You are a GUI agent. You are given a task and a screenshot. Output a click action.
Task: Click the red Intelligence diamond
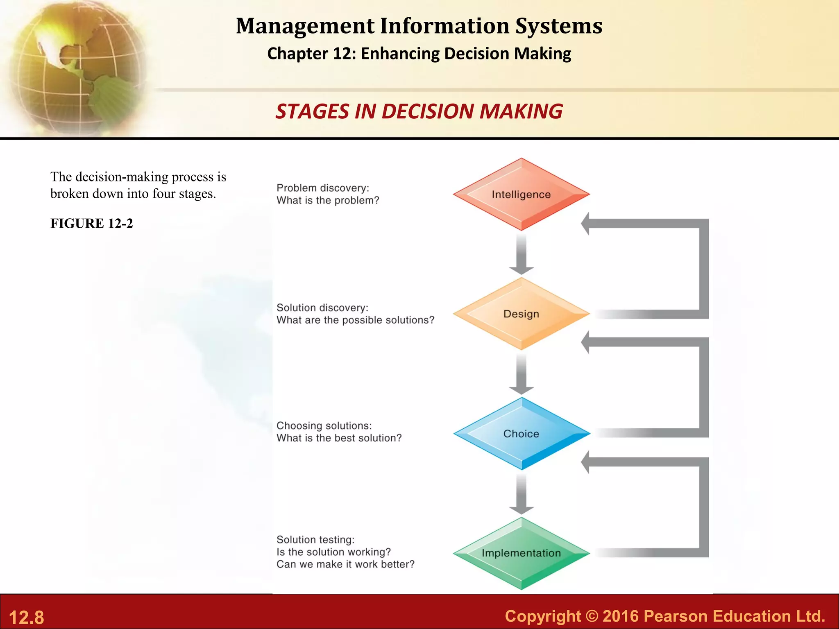pos(521,194)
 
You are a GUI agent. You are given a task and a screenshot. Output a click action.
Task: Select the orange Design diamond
pos(521,314)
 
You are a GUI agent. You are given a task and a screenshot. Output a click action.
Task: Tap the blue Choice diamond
pos(521,433)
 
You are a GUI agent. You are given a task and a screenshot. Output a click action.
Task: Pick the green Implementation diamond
pos(521,553)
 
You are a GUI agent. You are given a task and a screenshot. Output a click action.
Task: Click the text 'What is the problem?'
pos(328,200)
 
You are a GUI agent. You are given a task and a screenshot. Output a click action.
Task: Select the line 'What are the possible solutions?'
pos(355,320)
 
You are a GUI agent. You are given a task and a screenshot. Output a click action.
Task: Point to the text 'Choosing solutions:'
pos(324,425)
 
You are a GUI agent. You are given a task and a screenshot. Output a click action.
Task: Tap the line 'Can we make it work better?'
pos(345,564)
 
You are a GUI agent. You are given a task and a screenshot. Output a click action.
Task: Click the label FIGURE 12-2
pos(92,223)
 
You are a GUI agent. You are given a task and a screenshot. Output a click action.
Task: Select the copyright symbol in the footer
pos(592,616)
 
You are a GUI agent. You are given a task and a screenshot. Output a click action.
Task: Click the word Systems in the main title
pos(559,26)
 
